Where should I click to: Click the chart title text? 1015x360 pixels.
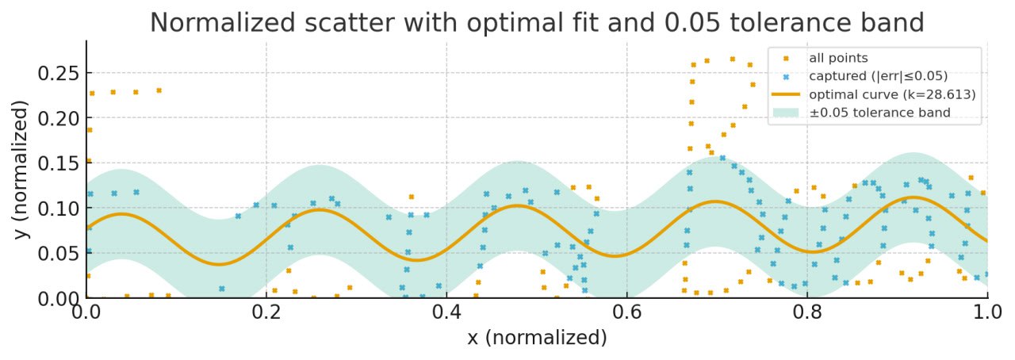tap(537, 22)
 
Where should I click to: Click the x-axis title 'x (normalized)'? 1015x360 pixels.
tap(537, 338)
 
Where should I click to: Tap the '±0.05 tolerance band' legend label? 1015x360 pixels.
tap(879, 113)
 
